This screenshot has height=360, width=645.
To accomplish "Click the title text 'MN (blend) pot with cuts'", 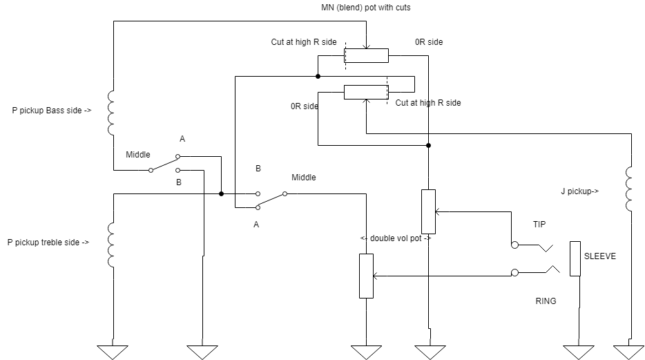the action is pyautogui.click(x=366, y=8).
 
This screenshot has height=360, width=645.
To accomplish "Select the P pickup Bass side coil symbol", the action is pyautogui.click(x=110, y=113).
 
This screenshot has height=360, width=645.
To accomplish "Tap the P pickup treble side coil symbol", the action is pyautogui.click(x=110, y=245).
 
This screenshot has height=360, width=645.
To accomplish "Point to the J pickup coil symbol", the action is pyautogui.click(x=628, y=189).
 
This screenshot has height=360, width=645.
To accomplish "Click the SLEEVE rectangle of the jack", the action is pyautogui.click(x=575, y=258).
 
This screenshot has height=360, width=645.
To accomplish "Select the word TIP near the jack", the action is pyautogui.click(x=539, y=225).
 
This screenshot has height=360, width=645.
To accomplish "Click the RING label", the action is pyautogui.click(x=546, y=301).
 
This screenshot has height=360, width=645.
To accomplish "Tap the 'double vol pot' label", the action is pyautogui.click(x=396, y=238).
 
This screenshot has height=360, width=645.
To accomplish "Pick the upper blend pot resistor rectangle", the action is pyautogui.click(x=366, y=55).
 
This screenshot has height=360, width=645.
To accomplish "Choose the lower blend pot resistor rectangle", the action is pyautogui.click(x=366, y=92).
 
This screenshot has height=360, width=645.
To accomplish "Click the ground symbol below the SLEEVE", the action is pyautogui.click(x=579, y=352).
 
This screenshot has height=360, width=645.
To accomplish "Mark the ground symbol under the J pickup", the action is pyautogui.click(x=629, y=352).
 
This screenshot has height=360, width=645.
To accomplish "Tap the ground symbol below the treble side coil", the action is pyautogui.click(x=113, y=352).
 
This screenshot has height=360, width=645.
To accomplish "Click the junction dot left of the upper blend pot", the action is pyautogui.click(x=318, y=76).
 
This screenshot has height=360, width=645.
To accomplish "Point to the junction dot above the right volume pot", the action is pyautogui.click(x=429, y=145).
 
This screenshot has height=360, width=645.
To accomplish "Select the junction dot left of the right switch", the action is pyautogui.click(x=221, y=193).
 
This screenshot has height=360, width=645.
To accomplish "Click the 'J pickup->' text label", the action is pyautogui.click(x=579, y=191).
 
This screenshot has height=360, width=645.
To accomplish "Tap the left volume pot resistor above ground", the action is pyautogui.click(x=367, y=276).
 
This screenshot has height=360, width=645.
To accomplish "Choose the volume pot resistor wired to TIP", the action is pyautogui.click(x=429, y=211).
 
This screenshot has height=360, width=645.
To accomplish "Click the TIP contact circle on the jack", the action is pyautogui.click(x=514, y=245).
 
